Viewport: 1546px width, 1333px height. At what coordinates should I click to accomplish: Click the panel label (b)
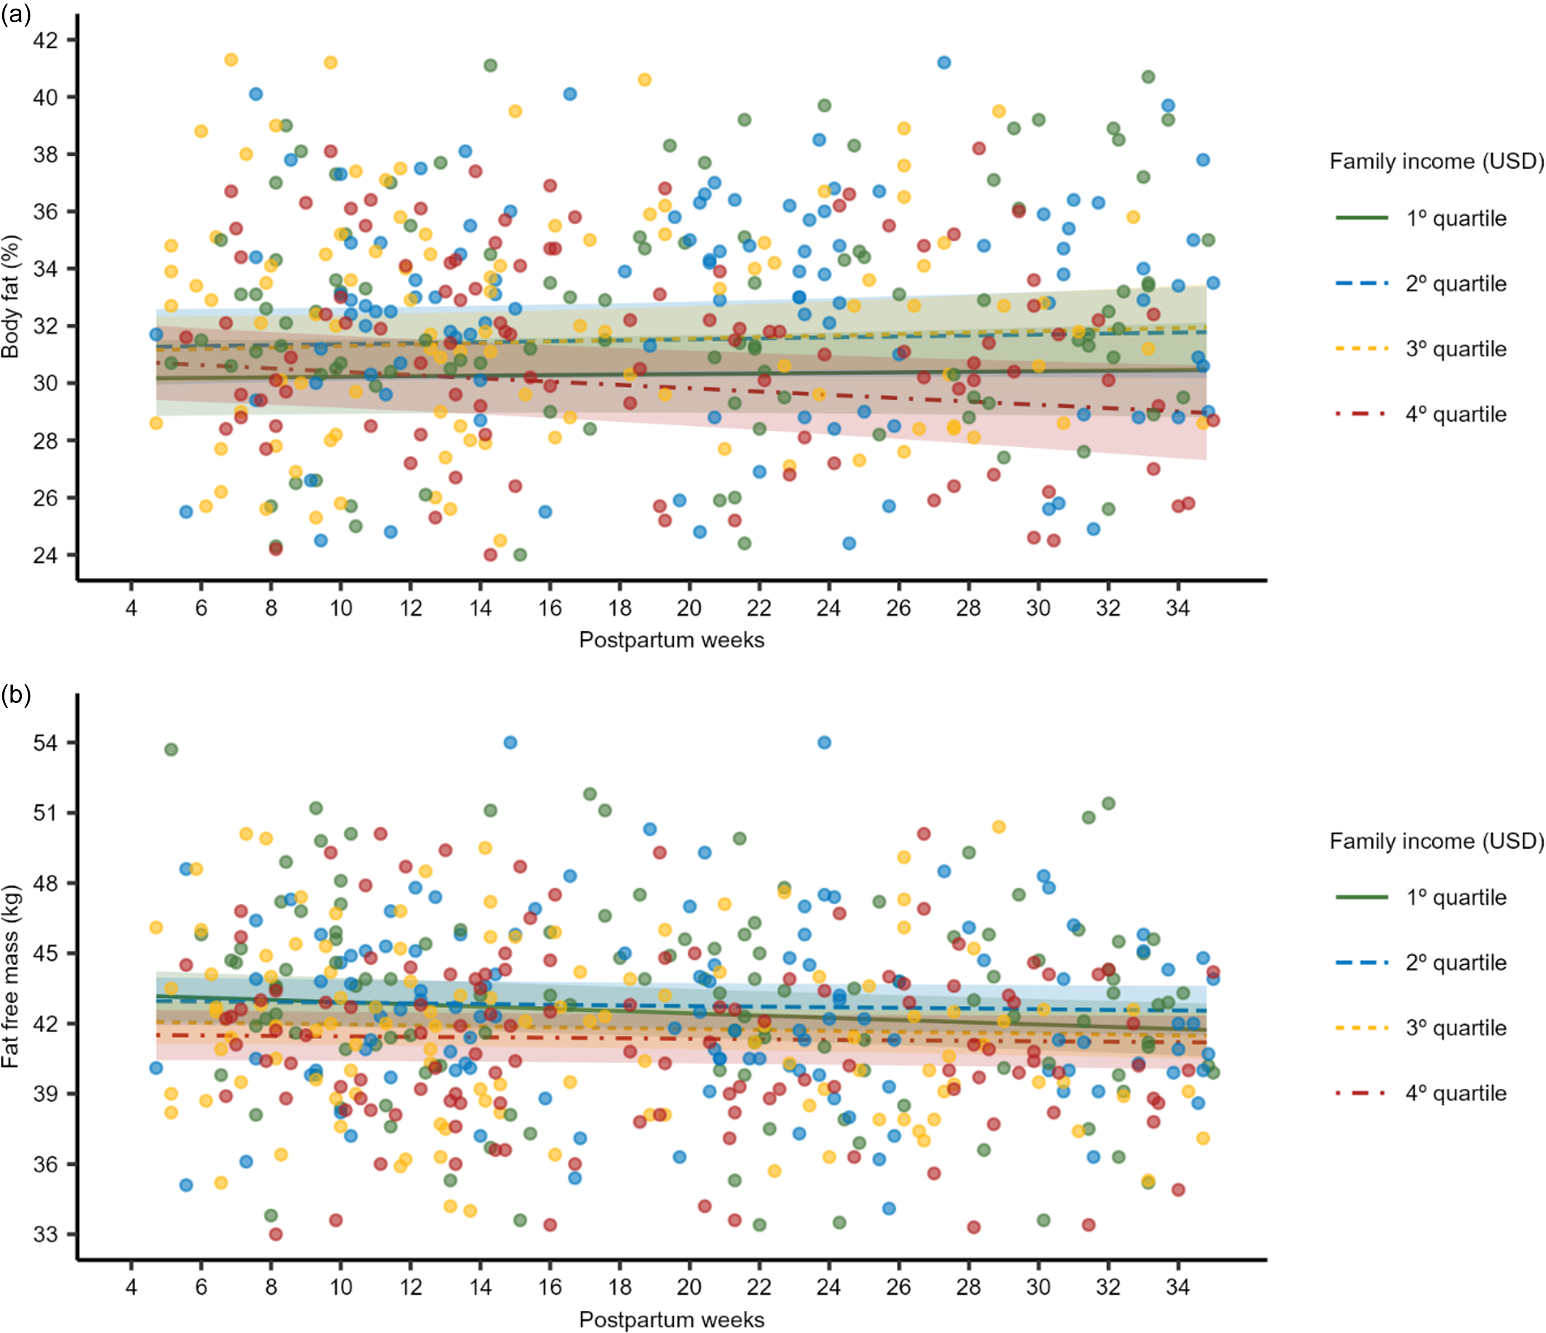click(x=16, y=695)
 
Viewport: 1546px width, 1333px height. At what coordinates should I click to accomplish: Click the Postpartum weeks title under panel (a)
click(x=671, y=640)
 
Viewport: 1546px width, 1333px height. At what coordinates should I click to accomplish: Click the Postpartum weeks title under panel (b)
click(x=671, y=1319)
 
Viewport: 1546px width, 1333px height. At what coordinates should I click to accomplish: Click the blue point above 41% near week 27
click(x=944, y=63)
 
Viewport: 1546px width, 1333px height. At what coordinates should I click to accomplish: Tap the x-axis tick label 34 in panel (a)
click(x=1178, y=608)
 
